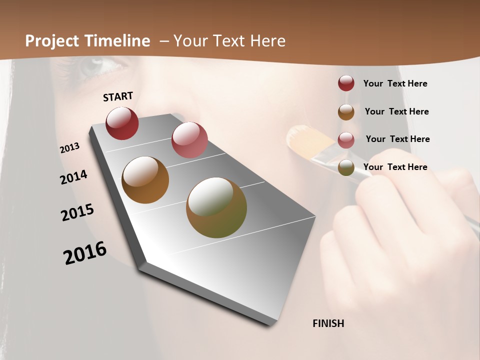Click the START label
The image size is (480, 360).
(118, 96)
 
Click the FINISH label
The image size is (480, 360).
(328, 323)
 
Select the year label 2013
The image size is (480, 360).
(69, 148)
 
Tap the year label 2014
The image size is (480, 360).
(73, 177)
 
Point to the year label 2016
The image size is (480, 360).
(85, 253)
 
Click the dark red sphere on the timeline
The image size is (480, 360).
(122, 123)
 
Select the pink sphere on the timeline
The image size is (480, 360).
(189, 140)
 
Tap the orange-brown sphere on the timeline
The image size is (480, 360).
(145, 180)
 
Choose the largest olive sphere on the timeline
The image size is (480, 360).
(216, 207)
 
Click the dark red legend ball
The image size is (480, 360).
(346, 83)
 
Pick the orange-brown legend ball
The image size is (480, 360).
(346, 111)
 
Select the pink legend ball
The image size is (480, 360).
(346, 139)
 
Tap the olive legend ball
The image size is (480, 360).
(346, 167)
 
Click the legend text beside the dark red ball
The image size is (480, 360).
(395, 83)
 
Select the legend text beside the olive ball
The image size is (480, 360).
(395, 167)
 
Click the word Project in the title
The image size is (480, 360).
(52, 41)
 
